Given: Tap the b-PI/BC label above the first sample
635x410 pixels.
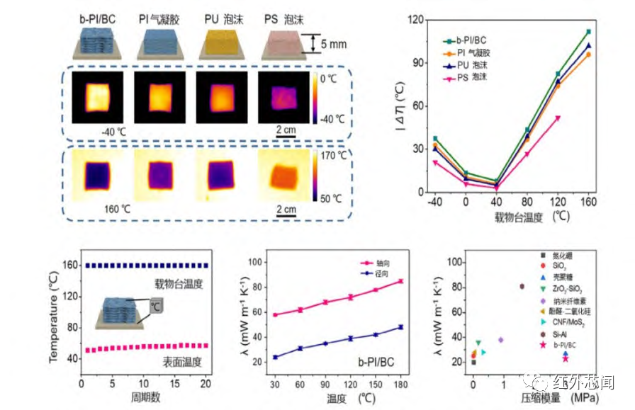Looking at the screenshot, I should [x=91, y=18].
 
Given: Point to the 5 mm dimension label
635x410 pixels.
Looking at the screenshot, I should [x=332, y=44].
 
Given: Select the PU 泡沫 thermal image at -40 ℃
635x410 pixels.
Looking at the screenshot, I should [x=215, y=96].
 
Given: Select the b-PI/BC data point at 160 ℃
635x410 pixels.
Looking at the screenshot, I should [x=588, y=32].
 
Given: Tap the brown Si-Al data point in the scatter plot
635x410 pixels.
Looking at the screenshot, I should [x=522, y=286].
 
